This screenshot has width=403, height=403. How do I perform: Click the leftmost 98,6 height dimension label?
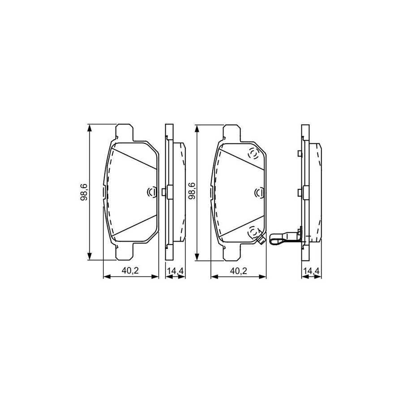[84, 192]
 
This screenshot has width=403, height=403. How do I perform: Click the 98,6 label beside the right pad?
[191, 192]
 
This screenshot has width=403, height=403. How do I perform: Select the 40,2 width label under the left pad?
[131, 270]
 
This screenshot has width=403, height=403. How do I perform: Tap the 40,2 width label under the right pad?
[238, 270]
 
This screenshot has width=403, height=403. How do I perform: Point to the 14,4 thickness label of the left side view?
[176, 270]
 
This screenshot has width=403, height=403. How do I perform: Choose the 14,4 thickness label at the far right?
[312, 270]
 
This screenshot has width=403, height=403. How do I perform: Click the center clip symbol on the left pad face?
[151, 192]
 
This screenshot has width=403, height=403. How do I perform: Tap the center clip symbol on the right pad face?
[258, 192]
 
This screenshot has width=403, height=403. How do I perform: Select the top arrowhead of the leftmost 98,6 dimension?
[90, 128]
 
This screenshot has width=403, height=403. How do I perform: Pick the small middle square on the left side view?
[165, 192]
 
